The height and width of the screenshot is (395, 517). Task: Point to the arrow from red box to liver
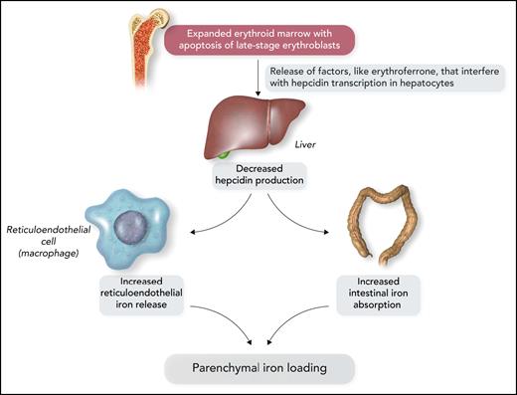(258, 85)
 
